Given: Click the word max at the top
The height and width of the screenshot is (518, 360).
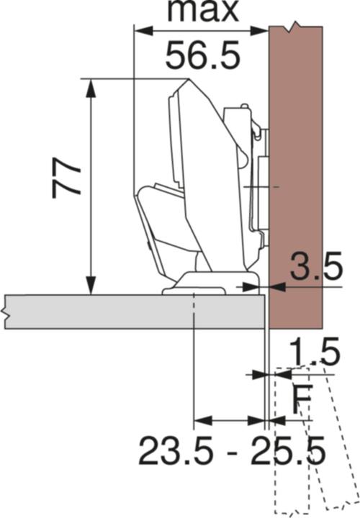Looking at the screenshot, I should (x=201, y=10).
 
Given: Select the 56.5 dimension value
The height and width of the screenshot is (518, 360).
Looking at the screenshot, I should (x=202, y=55).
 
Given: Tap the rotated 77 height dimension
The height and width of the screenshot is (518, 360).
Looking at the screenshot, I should (x=66, y=178).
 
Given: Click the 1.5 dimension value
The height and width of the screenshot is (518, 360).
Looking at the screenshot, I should (x=315, y=353).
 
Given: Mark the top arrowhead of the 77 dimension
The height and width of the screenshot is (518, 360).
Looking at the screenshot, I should (x=91, y=86).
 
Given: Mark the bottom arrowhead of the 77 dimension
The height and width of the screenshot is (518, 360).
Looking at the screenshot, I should (x=91, y=286).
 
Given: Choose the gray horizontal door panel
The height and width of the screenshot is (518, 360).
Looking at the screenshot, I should (x=130, y=312).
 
